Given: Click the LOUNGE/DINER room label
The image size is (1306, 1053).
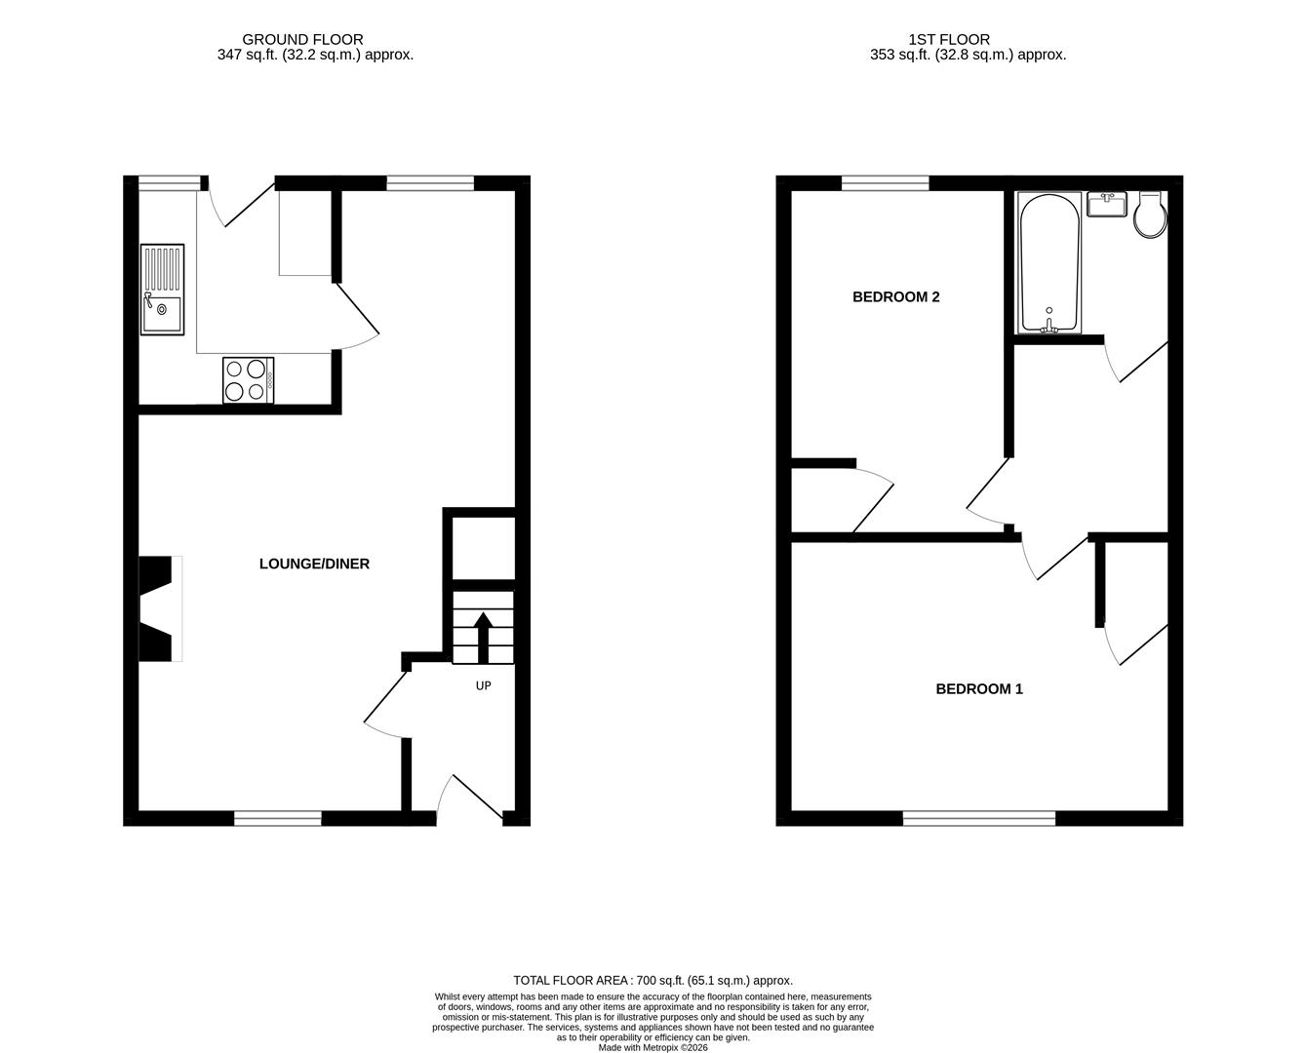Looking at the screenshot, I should click(x=314, y=564).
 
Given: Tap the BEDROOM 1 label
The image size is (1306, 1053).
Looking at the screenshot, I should click(x=978, y=689).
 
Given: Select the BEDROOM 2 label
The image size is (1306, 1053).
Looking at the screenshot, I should click(x=895, y=297).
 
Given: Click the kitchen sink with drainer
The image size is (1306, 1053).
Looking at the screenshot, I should click(x=162, y=290).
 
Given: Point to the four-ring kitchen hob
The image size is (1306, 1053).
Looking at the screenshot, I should click(x=248, y=380).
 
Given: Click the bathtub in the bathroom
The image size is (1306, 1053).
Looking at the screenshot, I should click(x=1049, y=262).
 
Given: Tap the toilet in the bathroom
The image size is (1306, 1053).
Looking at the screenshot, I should click(x=1150, y=215).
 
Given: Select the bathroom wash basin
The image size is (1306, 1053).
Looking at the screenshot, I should click(x=1107, y=205).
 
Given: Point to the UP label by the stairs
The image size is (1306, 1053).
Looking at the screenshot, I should click(x=483, y=685).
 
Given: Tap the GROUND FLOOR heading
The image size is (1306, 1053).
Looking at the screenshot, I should click(x=302, y=40).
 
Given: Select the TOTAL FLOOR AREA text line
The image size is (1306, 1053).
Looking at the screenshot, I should click(x=653, y=980).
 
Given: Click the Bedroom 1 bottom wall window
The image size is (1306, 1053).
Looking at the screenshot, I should click(x=979, y=818).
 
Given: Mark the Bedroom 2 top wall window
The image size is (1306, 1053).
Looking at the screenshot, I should click(x=885, y=183).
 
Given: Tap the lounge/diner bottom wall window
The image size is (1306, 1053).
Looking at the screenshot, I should click(x=278, y=818).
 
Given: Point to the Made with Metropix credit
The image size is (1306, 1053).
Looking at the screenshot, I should click(x=653, y=1048).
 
